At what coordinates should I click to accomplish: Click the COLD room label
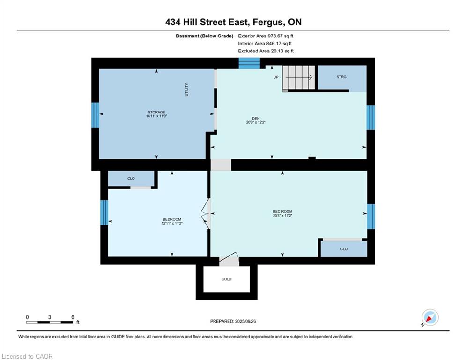[227, 279]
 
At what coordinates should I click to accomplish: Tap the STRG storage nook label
[341, 77]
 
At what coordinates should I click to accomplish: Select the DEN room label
[256, 119]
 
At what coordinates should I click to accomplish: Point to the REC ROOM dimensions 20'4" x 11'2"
[282, 216]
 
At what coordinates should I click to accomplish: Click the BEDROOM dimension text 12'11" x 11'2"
[172, 223]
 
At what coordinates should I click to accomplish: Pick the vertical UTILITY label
[187, 90]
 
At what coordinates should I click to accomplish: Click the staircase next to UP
[298, 77]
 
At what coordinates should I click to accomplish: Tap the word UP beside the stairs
[276, 77]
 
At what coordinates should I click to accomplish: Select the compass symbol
[430, 317]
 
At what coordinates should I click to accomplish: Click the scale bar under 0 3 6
[50, 322]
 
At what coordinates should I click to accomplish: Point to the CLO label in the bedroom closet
[131, 179]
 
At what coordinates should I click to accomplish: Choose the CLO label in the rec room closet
[344, 249]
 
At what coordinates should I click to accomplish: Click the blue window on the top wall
[249, 63]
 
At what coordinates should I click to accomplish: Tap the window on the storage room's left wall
[95, 115]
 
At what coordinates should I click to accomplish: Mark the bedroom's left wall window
[104, 212]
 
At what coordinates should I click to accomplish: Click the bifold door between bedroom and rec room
[206, 214]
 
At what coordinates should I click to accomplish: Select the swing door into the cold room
[229, 259]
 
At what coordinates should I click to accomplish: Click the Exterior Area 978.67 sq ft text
[266, 36]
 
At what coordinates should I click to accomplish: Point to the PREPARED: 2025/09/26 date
[233, 321]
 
